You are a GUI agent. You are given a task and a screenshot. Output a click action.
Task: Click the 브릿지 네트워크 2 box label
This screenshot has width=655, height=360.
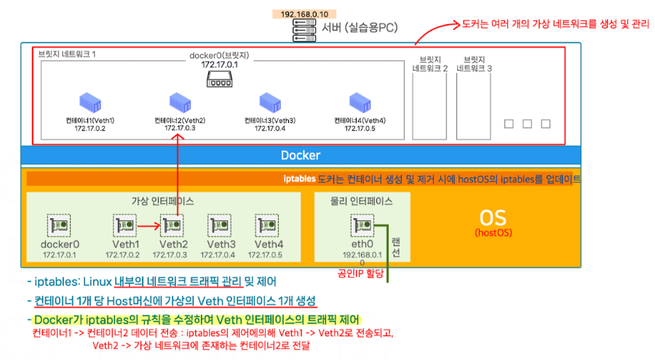point(429,63)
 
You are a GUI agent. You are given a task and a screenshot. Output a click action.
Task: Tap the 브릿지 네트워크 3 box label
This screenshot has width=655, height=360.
point(474,63)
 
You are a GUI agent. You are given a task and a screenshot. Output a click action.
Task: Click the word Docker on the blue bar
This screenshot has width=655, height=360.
point(301,155)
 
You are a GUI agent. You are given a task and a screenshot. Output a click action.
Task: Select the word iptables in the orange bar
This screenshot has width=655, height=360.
point(299,178)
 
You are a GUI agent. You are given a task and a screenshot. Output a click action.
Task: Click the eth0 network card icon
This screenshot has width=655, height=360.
point(362,226)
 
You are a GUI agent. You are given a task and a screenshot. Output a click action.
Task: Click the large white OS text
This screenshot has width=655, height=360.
point(494,217)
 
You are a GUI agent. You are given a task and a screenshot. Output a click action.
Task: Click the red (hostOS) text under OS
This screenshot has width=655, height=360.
point(494,233)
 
